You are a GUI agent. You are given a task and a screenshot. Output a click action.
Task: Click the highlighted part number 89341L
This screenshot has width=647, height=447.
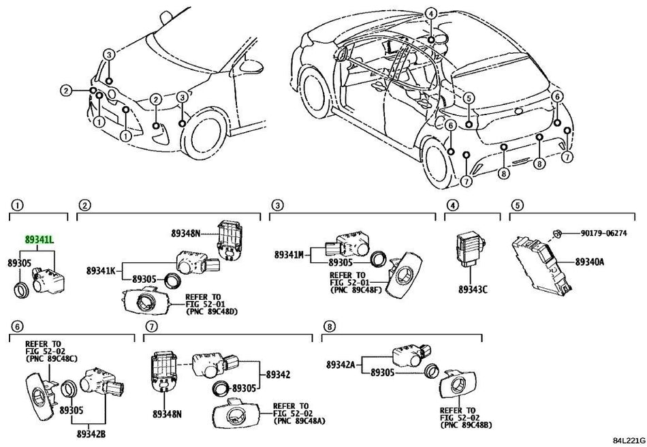click(41, 239)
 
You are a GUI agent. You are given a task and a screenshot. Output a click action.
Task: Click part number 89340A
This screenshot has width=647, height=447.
click(590, 261)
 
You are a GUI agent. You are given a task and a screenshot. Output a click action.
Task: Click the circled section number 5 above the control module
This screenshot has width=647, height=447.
click(518, 204)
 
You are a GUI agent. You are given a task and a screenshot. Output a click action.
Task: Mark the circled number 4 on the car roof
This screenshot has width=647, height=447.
click(431, 13)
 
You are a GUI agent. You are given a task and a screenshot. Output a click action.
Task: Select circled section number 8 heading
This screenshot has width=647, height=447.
click(330, 327)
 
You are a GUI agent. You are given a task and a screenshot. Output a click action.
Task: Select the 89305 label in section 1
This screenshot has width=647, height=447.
click(20, 262)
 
